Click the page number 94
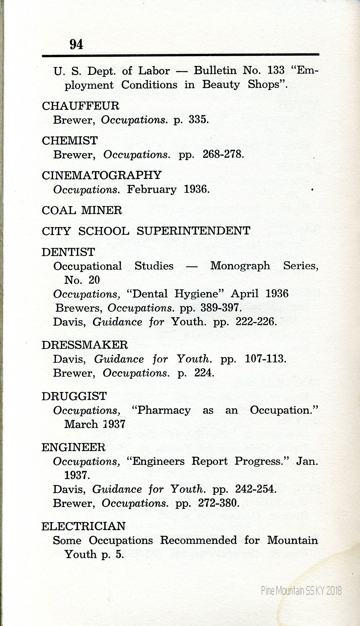coord(76,44)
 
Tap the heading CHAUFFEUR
coord(80,106)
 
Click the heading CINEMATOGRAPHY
coord(102,175)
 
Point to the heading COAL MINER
coord(82,210)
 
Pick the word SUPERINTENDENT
coord(193,231)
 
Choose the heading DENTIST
coord(68,252)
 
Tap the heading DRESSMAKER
coord(85,345)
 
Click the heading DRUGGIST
coord(74,396)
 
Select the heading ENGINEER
coord(73,448)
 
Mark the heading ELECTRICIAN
coord(83,526)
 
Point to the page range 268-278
coord(221,155)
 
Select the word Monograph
coord(240,266)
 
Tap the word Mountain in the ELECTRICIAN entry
coord(292,540)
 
